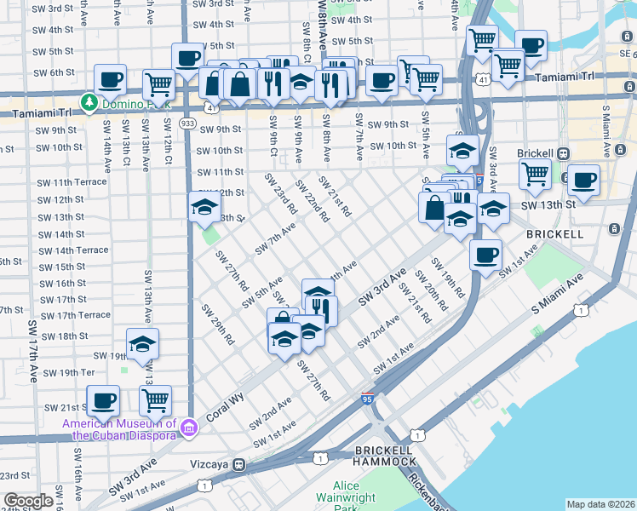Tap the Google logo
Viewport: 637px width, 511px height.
[28, 501]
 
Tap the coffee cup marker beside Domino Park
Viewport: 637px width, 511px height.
[110, 81]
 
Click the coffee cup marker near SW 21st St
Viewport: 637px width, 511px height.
[105, 399]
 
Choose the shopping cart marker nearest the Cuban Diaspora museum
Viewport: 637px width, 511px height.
[155, 399]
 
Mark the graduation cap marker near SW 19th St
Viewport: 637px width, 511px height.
[142, 343]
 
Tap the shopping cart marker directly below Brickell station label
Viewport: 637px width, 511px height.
[535, 174]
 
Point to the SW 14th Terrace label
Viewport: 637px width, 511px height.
[73, 250]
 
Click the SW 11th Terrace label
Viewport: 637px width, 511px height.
[72, 182]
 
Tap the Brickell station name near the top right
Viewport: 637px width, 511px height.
[536, 154]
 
